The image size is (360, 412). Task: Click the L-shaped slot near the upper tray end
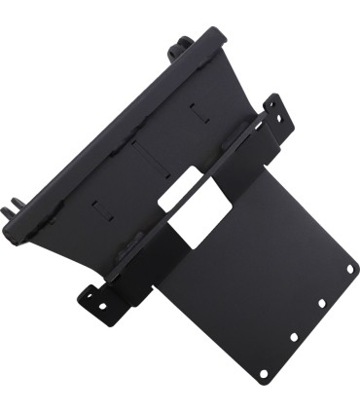[201, 111]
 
